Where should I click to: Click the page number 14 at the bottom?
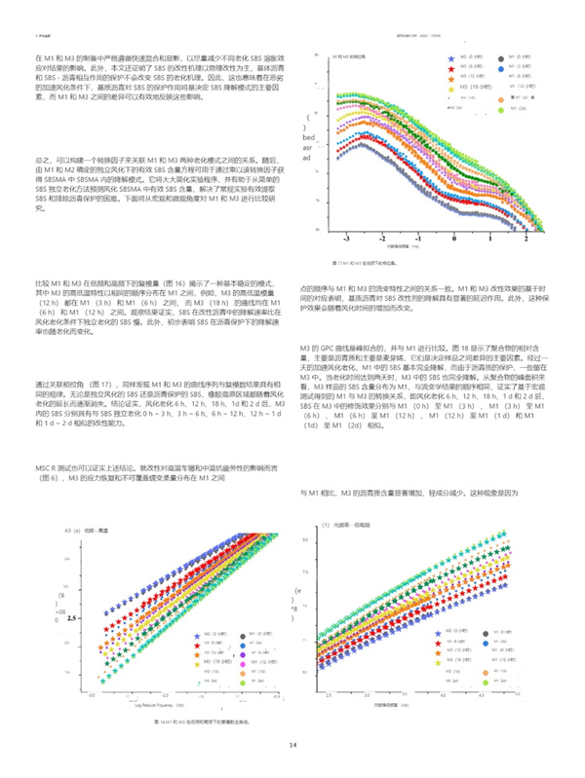(292, 745)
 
